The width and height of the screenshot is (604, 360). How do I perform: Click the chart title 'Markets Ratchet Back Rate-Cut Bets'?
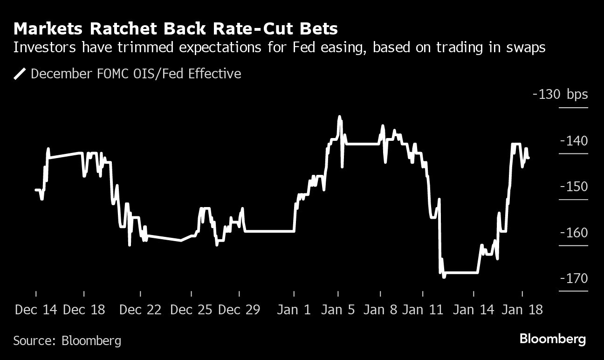click(x=176, y=29)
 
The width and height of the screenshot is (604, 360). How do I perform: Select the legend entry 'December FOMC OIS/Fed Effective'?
click(x=136, y=74)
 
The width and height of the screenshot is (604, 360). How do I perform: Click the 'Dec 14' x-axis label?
click(x=36, y=310)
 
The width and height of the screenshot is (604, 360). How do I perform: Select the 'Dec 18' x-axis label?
click(x=84, y=310)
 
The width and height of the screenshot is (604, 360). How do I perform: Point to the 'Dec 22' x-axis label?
click(x=140, y=310)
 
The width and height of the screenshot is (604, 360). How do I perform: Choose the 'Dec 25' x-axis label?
click(x=192, y=310)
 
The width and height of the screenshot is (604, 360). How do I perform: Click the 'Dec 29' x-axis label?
click(x=239, y=310)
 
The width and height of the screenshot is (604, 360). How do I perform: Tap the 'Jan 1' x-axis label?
click(x=294, y=310)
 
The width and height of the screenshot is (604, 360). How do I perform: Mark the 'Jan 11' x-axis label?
click(x=423, y=310)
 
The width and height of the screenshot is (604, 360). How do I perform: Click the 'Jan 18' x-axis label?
click(x=522, y=310)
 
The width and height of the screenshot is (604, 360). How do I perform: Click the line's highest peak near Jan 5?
click(x=339, y=117)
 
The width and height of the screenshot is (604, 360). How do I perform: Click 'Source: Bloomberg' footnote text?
click(x=67, y=340)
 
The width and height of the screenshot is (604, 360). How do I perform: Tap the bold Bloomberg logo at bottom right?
click(x=552, y=339)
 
